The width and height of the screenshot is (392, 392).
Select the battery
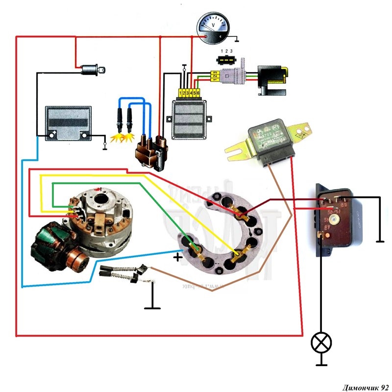click(x=69, y=123)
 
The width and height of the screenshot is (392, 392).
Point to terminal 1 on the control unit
click(x=181, y=92)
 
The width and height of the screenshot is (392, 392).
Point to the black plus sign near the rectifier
click(x=177, y=256)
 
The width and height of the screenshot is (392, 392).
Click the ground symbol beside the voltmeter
click(x=237, y=39)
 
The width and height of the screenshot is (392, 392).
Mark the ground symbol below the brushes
click(x=153, y=307)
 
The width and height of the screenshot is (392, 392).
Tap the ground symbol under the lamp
click(x=321, y=364)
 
